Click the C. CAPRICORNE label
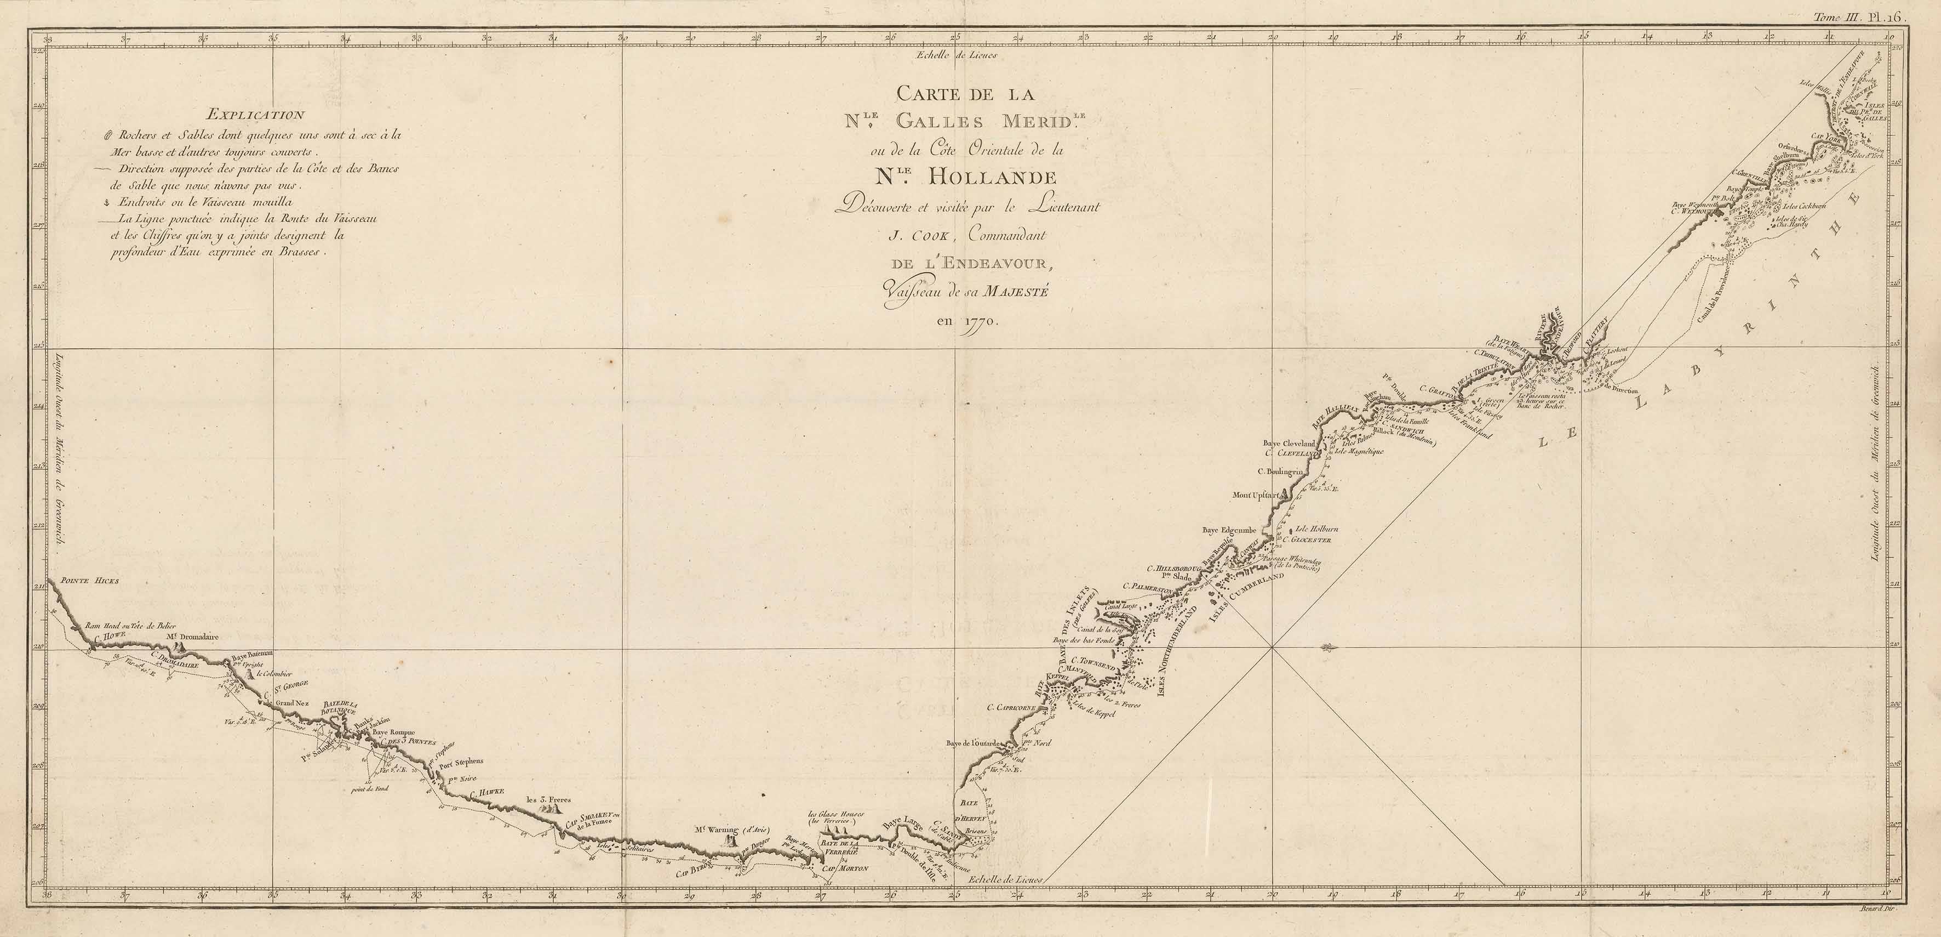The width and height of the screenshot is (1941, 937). (x=1011, y=708)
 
